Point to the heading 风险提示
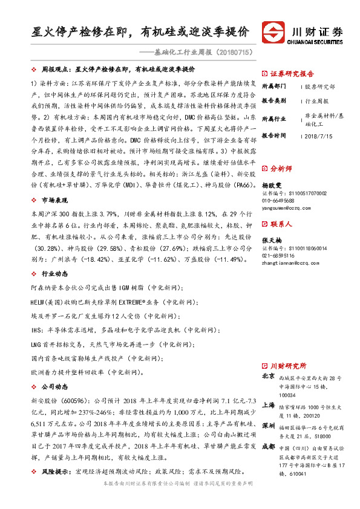pos(56,471)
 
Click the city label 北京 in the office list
pos(269,376)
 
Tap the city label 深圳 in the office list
pos(269,425)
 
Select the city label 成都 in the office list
pos(269,448)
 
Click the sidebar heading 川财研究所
pos(288,366)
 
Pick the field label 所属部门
pos(275,87)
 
